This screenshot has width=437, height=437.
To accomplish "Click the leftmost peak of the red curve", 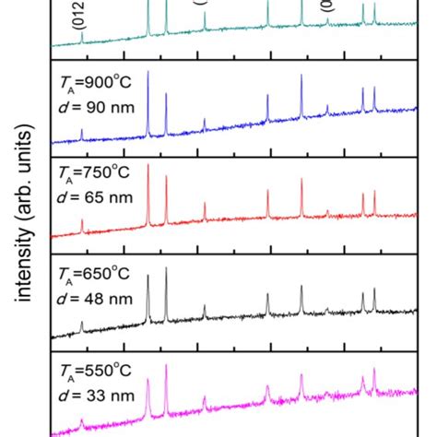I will pyautogui.click(x=81, y=221).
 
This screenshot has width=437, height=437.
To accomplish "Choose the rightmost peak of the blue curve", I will pyautogui.click(x=374, y=89).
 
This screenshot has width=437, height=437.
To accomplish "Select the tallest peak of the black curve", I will pyautogui.click(x=166, y=269).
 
